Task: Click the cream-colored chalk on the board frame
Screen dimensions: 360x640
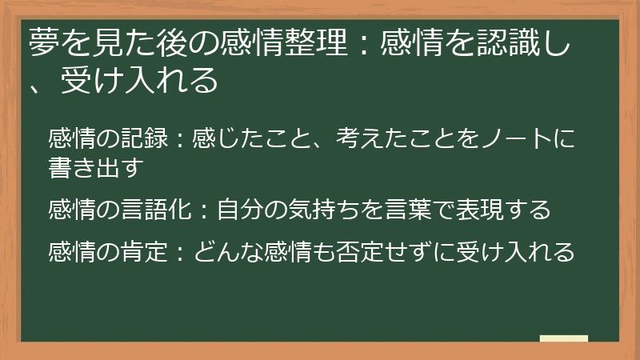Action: (x=563, y=339)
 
